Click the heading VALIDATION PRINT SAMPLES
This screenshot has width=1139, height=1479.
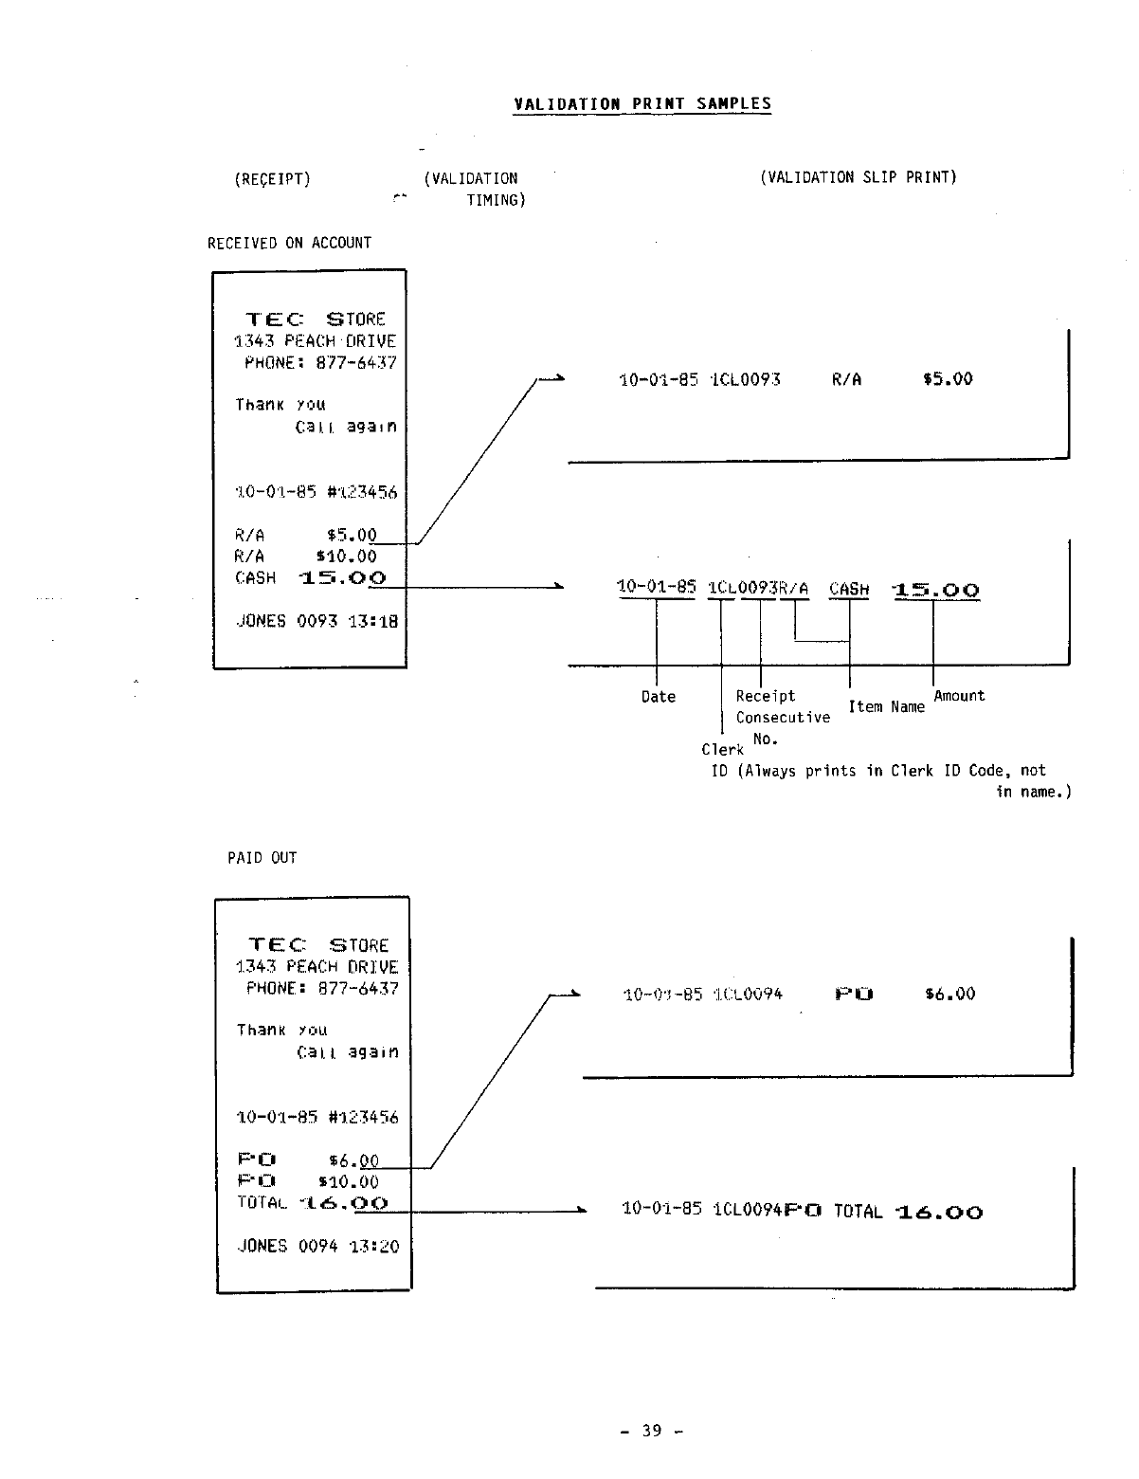pos(642,104)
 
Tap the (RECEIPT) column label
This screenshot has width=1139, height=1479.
pos(272,178)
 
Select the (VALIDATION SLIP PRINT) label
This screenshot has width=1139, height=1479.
pos(858,177)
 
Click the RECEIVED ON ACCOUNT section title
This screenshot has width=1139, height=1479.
pos(289,243)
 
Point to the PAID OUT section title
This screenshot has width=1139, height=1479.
pos(262,858)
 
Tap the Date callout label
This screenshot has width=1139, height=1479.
pos(658,697)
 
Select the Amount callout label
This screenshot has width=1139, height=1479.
pos(959,696)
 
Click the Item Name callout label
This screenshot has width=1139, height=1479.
pos(886,707)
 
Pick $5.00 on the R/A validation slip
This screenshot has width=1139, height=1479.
pos(948,379)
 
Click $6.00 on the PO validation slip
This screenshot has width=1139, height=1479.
pos(949,994)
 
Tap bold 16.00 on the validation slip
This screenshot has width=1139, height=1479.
pos(938,1212)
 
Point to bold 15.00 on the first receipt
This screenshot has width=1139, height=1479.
pos(342,577)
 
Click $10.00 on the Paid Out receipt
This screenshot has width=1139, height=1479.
pos(348,1182)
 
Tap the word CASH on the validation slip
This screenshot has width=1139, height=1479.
pos(849,589)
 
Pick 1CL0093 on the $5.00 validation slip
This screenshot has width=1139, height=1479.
pos(746,380)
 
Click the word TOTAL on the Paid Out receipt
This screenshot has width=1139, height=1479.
pos(262,1203)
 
